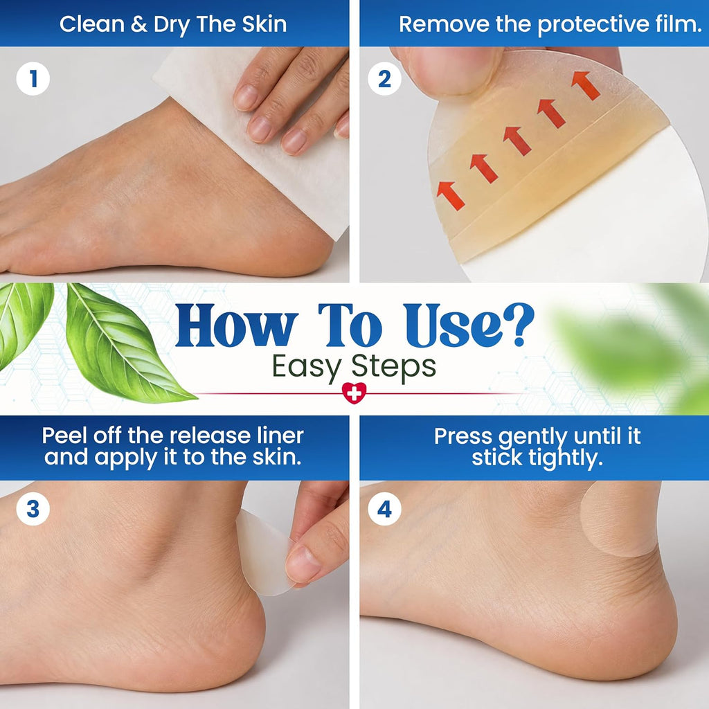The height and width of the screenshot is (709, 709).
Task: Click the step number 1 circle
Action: pyautogui.click(x=33, y=79)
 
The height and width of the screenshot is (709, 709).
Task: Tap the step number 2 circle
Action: pyautogui.click(x=384, y=79)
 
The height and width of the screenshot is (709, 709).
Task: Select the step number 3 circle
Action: pyautogui.click(x=33, y=509)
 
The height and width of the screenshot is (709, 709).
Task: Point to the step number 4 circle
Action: pyautogui.click(x=384, y=509)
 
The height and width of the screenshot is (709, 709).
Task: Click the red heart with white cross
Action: pyautogui.click(x=354, y=393)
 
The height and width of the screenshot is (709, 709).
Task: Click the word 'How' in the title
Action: pyautogui.click(x=236, y=325)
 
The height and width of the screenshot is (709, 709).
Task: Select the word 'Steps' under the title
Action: pyautogui.click(x=393, y=366)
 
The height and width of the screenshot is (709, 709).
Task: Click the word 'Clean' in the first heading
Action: pyautogui.click(x=92, y=24)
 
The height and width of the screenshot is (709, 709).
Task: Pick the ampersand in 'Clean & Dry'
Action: pyautogui.click(x=138, y=24)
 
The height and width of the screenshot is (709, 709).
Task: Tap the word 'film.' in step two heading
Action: pyautogui.click(x=679, y=24)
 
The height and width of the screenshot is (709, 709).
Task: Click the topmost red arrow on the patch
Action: pyautogui.click(x=586, y=85)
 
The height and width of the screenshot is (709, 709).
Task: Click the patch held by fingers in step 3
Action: pyautogui.click(x=262, y=553)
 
